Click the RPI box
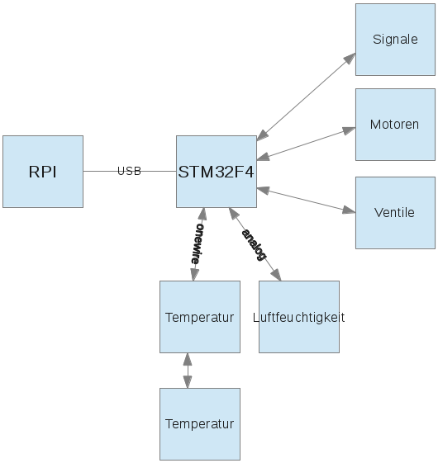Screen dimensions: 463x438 point(42,172)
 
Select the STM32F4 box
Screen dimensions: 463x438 point(217,172)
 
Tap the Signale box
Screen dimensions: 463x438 point(395,40)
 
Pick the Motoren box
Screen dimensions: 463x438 point(395,125)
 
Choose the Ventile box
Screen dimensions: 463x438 point(395,212)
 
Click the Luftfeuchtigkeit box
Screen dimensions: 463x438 point(299,317)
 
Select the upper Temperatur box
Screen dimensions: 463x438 point(200,317)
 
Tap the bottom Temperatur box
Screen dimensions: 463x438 point(200,424)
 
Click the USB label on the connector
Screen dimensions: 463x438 point(130,171)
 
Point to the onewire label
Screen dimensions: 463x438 point(197,243)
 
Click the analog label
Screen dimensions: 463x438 point(255,244)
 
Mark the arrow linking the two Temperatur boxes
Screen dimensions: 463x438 point(188,371)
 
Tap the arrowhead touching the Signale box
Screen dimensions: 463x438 point(350,57)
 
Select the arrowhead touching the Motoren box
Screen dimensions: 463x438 point(350,130)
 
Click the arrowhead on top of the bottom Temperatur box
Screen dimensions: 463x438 point(188,382)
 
